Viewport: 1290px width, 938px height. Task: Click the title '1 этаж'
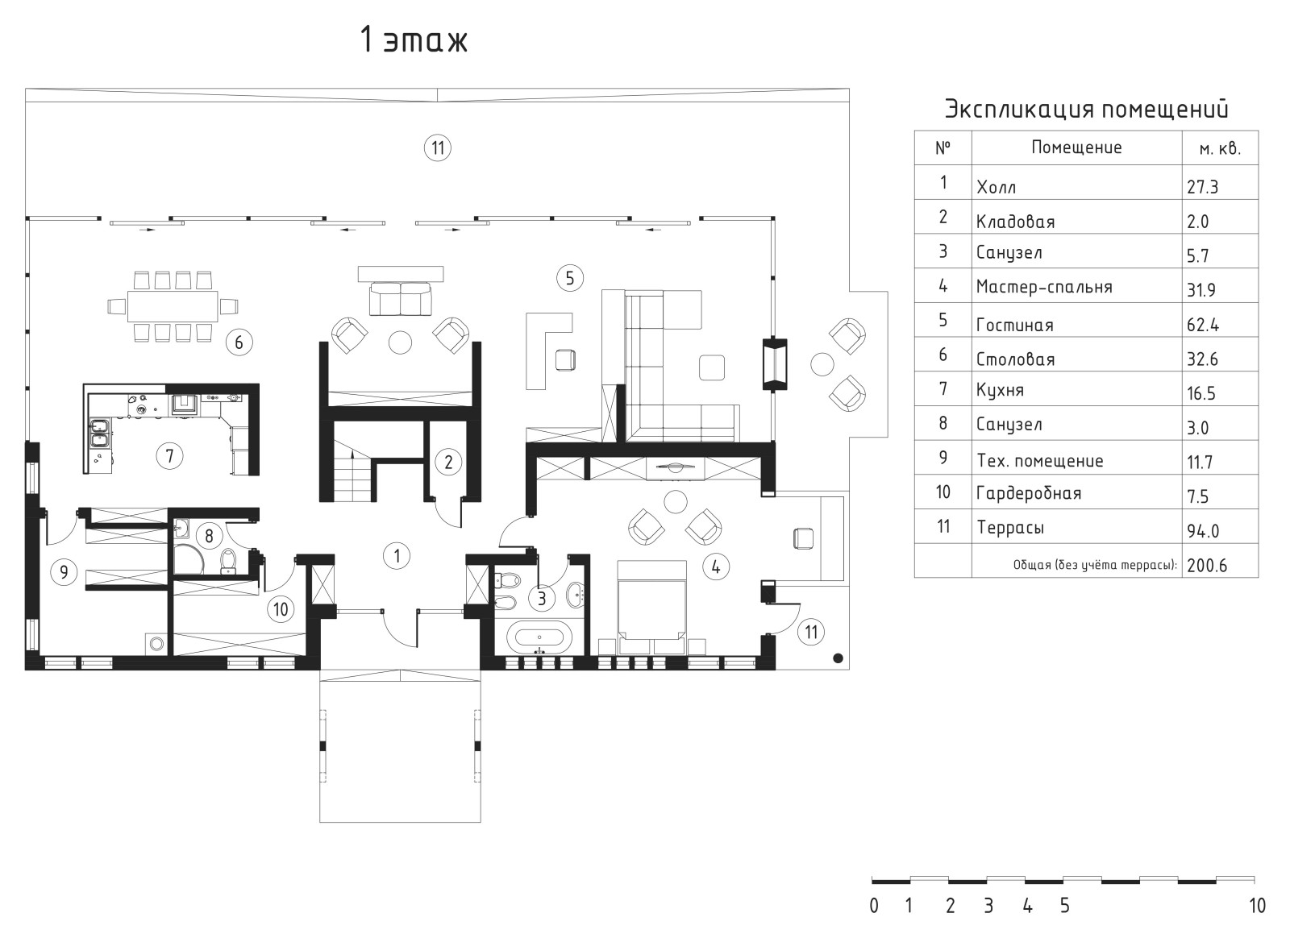414,39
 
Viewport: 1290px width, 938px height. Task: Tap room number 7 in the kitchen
169,456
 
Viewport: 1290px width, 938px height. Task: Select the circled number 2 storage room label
448,462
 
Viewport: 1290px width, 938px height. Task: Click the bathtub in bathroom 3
539,637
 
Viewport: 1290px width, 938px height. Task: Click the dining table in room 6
173,306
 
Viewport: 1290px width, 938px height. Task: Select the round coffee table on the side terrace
822,363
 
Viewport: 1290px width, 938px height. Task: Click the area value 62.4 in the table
1202,325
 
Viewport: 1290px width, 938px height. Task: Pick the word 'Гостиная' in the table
1014,326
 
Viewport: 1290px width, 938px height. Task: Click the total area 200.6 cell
1206,566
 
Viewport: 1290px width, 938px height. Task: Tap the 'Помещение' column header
1076,148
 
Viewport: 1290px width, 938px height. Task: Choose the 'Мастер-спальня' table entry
1043,287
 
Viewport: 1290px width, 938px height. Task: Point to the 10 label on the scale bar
1257,906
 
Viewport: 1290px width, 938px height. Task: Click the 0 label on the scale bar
874,906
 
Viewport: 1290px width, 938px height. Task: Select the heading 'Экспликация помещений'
1086,110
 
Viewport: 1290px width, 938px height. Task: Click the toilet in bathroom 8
229,562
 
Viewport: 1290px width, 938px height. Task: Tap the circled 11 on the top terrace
438,148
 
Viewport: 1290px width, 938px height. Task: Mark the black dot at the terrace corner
838,658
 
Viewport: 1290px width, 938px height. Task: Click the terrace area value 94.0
1202,531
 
